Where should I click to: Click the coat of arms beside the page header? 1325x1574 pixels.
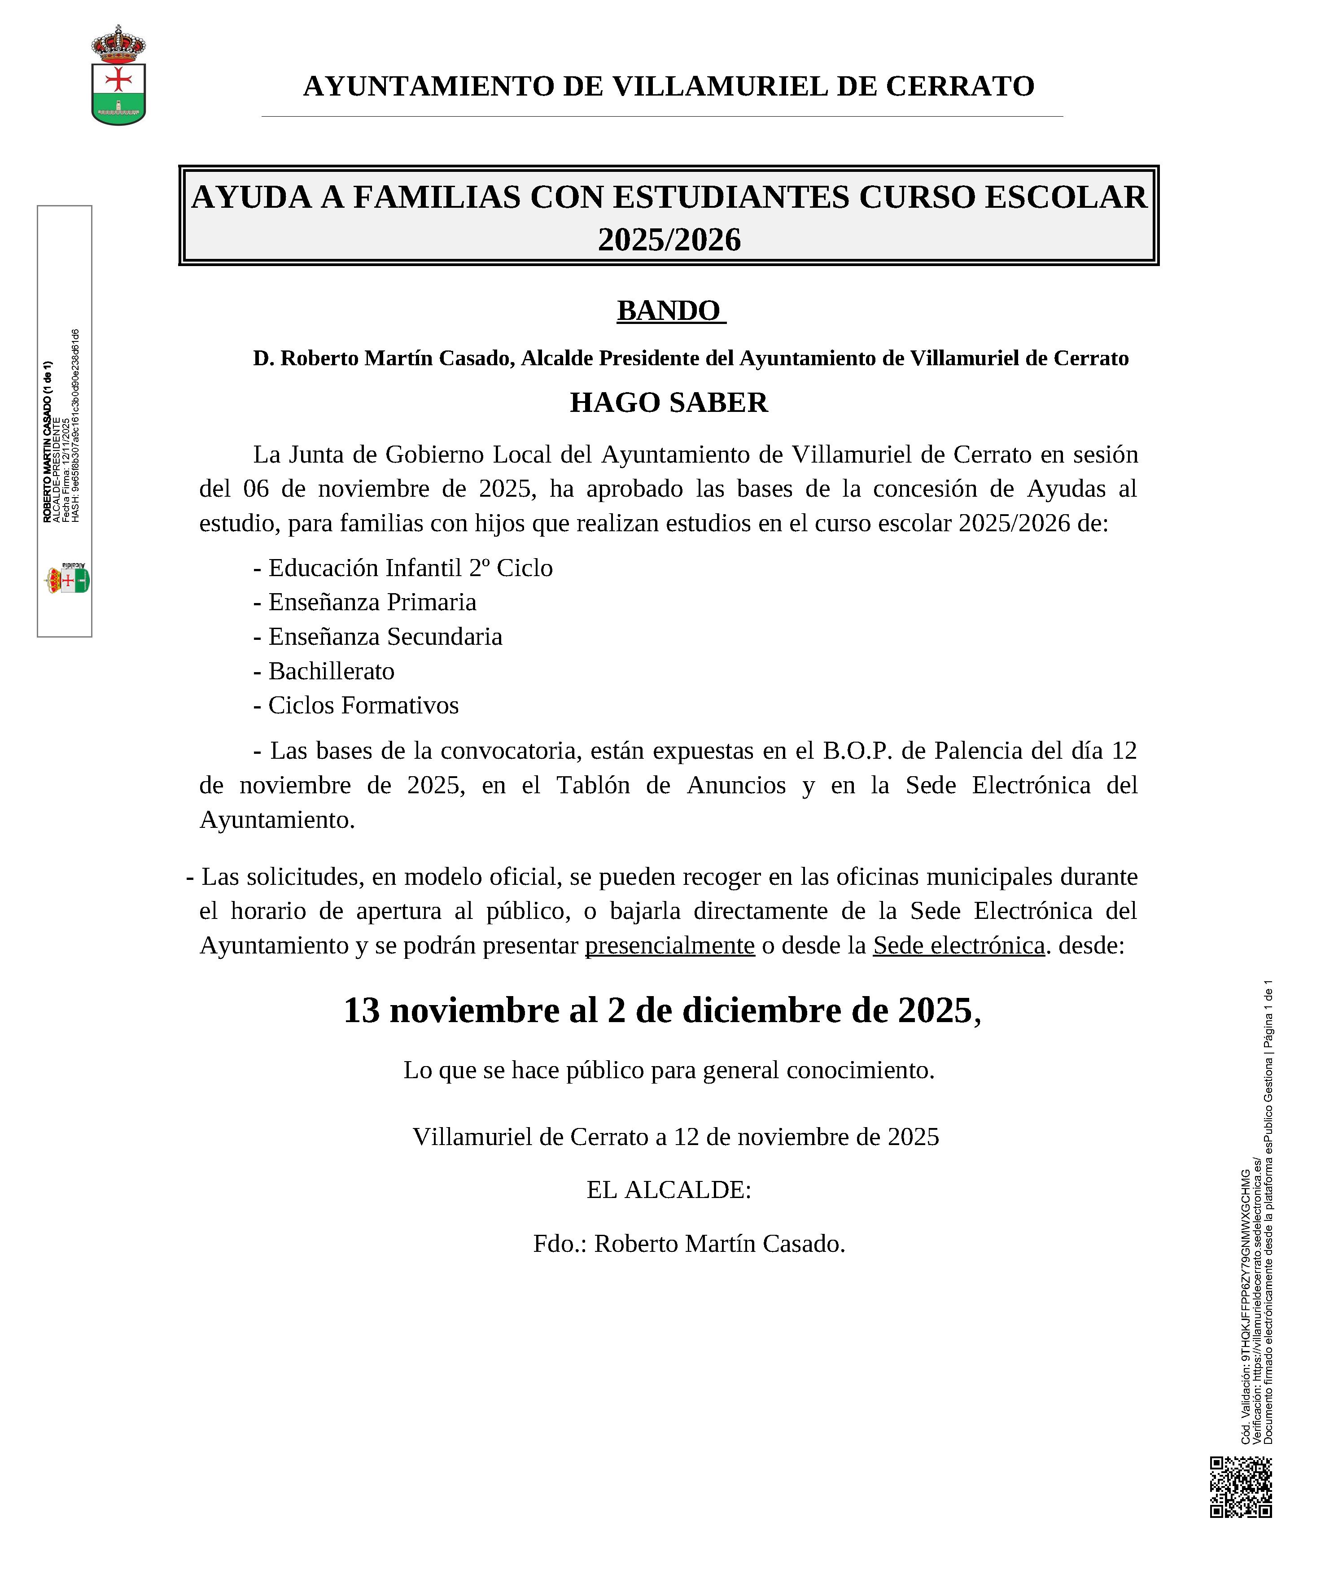point(118,75)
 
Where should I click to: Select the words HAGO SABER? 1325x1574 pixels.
point(669,402)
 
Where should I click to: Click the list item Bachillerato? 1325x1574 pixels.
point(331,671)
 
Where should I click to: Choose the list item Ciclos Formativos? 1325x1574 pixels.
point(363,705)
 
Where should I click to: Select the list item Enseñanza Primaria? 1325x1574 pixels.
point(372,602)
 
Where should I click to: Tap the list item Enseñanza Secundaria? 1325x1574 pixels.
point(385,636)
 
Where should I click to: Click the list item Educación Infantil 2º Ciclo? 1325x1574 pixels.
point(410,568)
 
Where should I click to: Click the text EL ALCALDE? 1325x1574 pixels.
point(669,1189)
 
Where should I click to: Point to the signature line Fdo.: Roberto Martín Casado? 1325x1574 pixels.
point(689,1244)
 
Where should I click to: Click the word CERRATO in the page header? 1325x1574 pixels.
point(960,86)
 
